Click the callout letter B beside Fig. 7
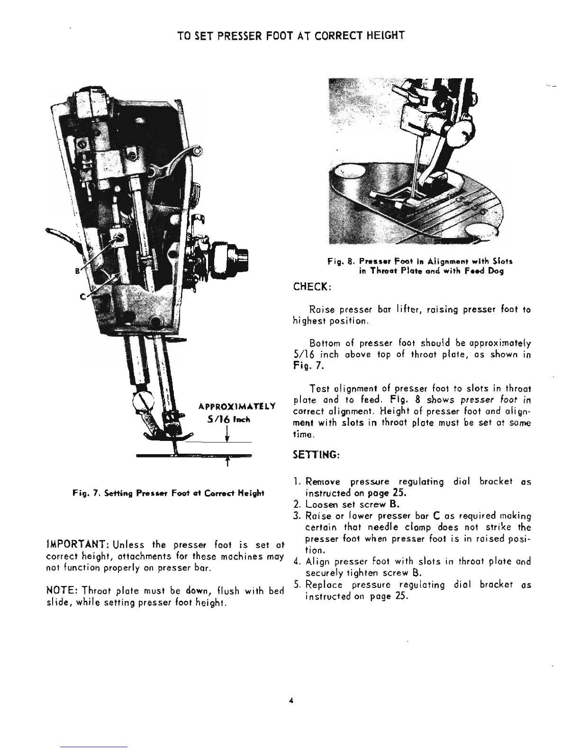pos(77,272)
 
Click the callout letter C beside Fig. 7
pos(82,296)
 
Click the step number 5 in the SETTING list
pos(296,585)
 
